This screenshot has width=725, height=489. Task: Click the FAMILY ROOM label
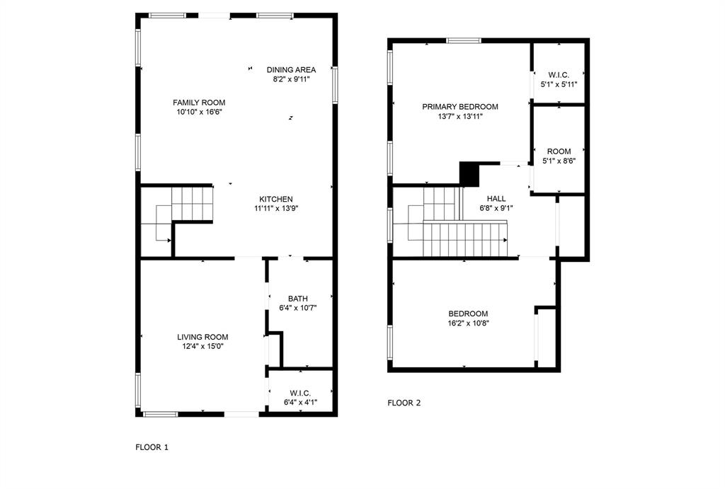199,103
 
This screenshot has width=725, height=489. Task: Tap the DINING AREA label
291,69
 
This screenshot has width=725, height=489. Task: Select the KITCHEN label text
275,199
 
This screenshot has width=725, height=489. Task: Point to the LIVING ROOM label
202,337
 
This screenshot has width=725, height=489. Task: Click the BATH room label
297,298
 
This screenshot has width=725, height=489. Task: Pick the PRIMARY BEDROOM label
460,107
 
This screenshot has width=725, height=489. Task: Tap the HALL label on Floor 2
496,199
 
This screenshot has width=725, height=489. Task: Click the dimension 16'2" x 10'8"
468,323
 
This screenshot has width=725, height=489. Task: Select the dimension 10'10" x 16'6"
199,112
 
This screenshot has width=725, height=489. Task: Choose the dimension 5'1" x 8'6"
559,161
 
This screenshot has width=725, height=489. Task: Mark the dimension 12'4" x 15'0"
202,346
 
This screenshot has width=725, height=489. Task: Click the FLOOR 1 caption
152,447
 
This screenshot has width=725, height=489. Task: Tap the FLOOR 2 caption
404,403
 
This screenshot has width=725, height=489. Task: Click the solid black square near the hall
469,173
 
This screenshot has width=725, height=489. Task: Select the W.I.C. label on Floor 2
559,74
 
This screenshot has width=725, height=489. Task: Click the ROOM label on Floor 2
559,151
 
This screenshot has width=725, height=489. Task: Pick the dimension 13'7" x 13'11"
460,116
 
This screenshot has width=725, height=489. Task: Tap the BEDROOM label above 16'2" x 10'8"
468,313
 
